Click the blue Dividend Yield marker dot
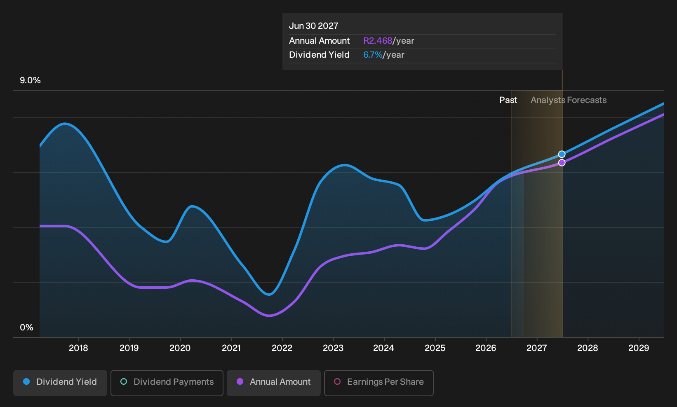point(562,154)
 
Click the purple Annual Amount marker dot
point(562,163)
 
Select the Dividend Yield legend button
point(60,383)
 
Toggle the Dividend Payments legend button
point(167,383)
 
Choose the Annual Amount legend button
point(273,383)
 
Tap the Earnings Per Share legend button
point(378,383)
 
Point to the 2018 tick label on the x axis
point(79,348)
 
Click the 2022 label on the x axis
point(282,348)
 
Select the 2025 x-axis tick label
point(435,348)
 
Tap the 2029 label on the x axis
point(639,348)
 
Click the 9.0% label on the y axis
point(30,80)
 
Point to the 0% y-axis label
point(27,327)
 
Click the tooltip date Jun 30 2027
point(313,26)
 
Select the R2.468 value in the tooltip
point(378,41)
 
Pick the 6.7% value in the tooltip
point(373,55)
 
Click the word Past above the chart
point(508,100)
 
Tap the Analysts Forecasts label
point(569,100)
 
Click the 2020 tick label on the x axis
point(180,348)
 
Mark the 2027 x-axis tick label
point(537,348)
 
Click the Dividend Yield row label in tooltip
point(319,55)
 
